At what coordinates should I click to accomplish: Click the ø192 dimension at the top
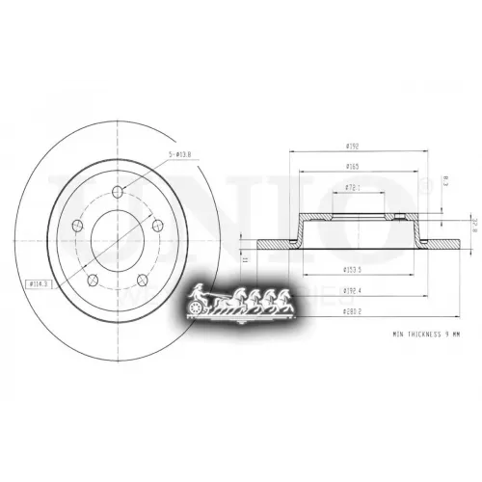tap(352, 146)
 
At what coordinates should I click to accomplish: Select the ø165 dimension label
tap(352, 166)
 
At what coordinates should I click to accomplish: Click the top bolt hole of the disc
tap(115, 188)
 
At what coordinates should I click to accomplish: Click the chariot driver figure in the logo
tap(198, 292)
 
